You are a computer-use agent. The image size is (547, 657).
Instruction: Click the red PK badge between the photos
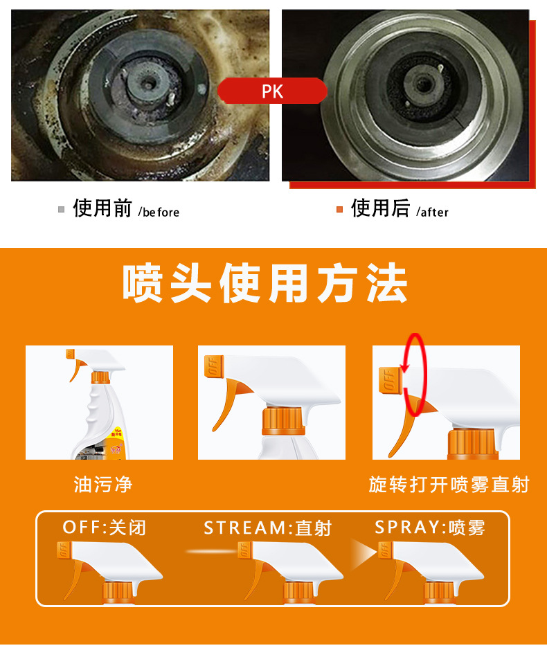click(x=272, y=91)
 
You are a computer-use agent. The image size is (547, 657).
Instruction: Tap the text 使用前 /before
click(x=125, y=208)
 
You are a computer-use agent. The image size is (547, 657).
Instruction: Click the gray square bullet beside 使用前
click(x=62, y=209)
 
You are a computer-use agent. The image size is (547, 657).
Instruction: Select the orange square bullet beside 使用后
click(x=339, y=209)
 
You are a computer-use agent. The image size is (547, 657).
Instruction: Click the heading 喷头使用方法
click(x=265, y=283)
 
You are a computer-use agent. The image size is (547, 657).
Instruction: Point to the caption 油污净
click(x=102, y=484)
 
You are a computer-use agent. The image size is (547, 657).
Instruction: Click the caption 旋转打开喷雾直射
click(x=449, y=484)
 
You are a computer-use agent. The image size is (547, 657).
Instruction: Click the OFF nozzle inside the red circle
click(x=390, y=381)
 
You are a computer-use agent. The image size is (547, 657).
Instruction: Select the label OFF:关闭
click(x=104, y=528)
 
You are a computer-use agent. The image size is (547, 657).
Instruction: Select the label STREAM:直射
click(x=267, y=528)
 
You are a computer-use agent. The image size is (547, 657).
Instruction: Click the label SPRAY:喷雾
click(x=429, y=528)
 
